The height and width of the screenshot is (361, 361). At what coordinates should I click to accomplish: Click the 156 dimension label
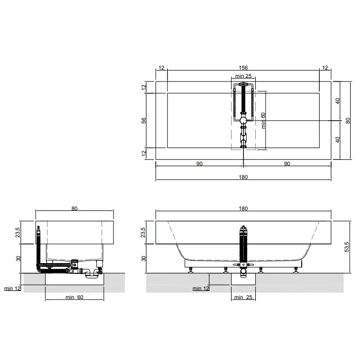click(x=243, y=68)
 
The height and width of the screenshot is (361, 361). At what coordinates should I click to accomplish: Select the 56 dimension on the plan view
click(x=144, y=120)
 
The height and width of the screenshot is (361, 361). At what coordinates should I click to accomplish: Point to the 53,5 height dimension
click(x=347, y=247)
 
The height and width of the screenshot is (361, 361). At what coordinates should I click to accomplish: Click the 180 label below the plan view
click(x=243, y=177)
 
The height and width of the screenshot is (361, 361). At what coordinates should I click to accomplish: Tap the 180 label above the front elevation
click(x=243, y=208)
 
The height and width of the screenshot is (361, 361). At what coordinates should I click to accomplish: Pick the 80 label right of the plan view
click(x=348, y=120)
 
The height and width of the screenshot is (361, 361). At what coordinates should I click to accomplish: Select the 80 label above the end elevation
click(x=74, y=208)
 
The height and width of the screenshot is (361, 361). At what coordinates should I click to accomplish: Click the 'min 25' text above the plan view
click(x=243, y=76)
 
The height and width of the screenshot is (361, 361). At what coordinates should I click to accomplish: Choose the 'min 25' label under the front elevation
click(x=243, y=297)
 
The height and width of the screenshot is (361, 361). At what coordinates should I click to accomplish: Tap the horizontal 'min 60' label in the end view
click(x=74, y=297)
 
